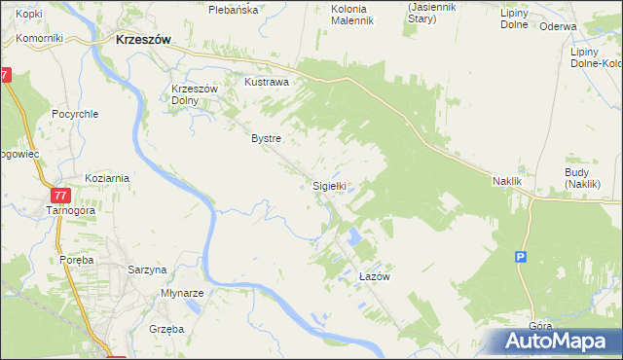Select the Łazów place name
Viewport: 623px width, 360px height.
[x=374, y=277]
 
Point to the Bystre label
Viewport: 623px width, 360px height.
[x=266, y=138]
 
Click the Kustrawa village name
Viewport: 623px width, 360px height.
[x=267, y=83]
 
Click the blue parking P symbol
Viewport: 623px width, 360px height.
[x=521, y=257]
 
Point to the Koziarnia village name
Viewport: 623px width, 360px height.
[x=107, y=179]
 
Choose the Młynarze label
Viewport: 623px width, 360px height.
[x=182, y=293]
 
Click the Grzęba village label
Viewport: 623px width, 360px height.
[x=166, y=329]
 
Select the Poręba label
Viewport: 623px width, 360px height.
[x=75, y=260]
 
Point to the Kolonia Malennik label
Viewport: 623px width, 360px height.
[x=340, y=15]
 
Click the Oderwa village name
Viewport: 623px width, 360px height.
[x=558, y=26]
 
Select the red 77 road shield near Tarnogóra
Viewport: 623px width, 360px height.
[x=60, y=195]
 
